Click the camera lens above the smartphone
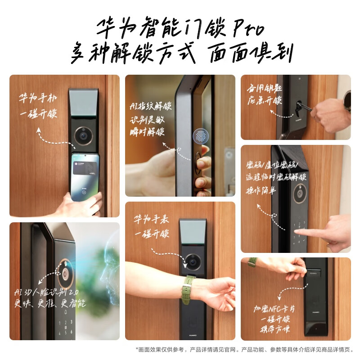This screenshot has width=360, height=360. [83, 135]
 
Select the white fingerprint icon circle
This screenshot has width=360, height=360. [201, 137]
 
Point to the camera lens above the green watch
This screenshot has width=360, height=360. [193, 261]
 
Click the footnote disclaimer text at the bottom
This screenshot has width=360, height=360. [245, 350]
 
